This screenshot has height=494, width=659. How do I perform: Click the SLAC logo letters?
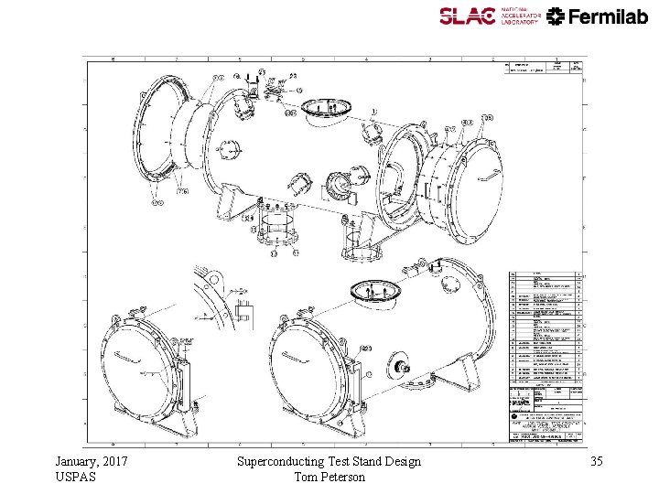(x=467, y=16)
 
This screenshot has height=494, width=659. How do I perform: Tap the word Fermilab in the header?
(x=609, y=16)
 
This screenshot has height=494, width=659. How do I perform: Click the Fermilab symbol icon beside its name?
(x=556, y=16)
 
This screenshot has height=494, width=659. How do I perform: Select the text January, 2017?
(x=92, y=461)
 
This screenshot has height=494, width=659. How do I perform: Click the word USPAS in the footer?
(x=74, y=477)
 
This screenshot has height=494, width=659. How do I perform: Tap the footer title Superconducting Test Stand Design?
(x=329, y=461)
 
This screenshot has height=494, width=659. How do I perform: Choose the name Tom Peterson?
(x=329, y=477)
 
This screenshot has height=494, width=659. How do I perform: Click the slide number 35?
(x=598, y=461)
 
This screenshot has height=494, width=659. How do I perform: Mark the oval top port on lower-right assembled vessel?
(x=375, y=290)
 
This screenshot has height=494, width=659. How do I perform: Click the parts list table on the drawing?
(x=546, y=325)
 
